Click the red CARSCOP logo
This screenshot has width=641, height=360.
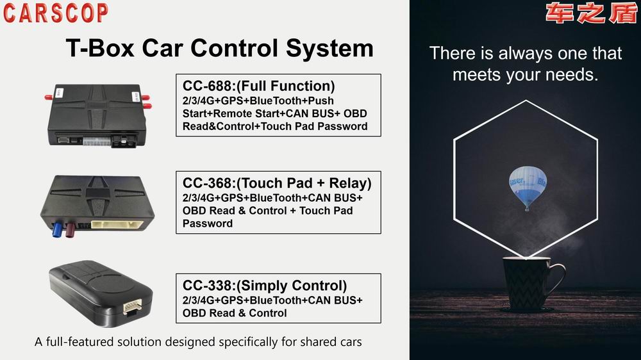56,13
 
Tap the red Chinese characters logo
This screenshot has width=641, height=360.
591,13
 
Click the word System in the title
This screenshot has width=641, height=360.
329,48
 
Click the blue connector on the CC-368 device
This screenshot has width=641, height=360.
57,228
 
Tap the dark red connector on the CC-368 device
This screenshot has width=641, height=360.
71,229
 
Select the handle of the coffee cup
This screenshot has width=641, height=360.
557,279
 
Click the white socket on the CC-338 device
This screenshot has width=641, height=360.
133,306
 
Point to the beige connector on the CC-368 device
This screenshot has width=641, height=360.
117,225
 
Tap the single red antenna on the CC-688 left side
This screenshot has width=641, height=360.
49,97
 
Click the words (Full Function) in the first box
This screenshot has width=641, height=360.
286,86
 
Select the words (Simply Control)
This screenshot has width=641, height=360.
292,286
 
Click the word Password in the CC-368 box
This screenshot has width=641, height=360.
208,224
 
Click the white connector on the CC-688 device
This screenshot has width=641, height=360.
97,142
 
